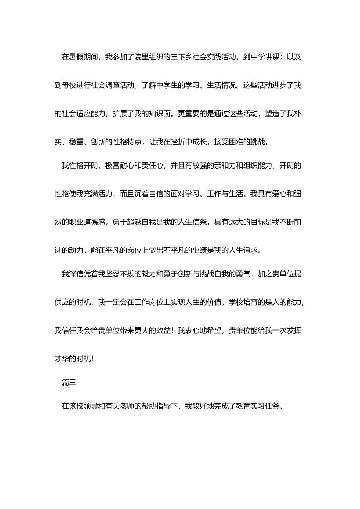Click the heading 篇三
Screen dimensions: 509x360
(69, 383)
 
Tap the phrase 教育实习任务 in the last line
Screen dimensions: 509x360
(257, 406)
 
